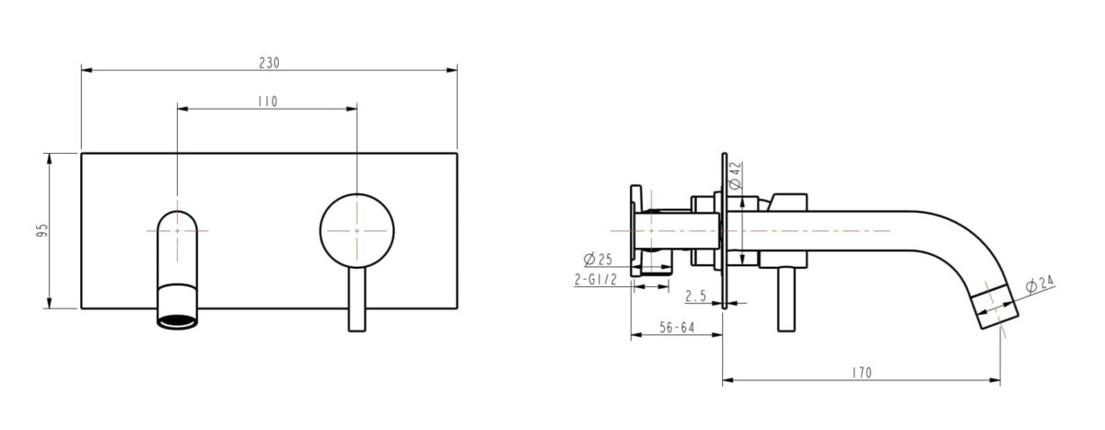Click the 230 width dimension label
269,64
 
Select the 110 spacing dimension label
267,101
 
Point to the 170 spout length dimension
861,373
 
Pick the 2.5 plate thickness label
696,296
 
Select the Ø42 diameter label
735,175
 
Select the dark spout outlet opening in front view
177,320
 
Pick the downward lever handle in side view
787,299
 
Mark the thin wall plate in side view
724,230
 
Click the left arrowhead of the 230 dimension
86,69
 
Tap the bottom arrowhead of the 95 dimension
49,305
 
